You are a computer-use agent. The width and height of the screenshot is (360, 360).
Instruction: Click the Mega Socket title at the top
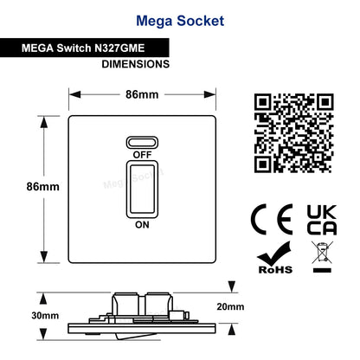(180, 21)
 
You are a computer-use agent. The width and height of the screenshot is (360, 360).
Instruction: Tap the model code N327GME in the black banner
(119, 48)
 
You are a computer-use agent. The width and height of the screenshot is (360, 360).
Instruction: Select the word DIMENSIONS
(136, 64)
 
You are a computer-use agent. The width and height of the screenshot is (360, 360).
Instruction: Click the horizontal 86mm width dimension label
(142, 94)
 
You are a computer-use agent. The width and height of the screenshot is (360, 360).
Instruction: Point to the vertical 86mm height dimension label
(43, 187)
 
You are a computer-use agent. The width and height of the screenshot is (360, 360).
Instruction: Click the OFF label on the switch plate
(142, 155)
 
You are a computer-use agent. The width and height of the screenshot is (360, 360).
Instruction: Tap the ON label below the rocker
(142, 225)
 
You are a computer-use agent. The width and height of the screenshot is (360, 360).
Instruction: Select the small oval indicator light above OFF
(142, 142)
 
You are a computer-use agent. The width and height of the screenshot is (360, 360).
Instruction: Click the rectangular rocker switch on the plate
(142, 190)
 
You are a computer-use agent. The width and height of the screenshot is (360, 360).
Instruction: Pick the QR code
(293, 133)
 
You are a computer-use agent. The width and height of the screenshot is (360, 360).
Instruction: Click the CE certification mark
(272, 220)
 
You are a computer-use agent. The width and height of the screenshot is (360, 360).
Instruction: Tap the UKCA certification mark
(322, 220)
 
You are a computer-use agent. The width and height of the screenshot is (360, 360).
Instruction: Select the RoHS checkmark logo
(275, 258)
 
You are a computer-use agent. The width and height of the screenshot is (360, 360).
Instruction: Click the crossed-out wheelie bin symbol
(322, 257)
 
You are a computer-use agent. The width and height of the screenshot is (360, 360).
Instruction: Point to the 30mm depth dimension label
(45, 316)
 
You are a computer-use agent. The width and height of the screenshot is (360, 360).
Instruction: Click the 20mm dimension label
(230, 306)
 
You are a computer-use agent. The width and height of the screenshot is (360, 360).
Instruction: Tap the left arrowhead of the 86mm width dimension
(75, 94)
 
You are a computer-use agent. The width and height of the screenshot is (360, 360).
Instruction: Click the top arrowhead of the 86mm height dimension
(44, 122)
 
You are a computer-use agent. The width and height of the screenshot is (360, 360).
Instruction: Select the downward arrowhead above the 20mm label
(232, 286)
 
